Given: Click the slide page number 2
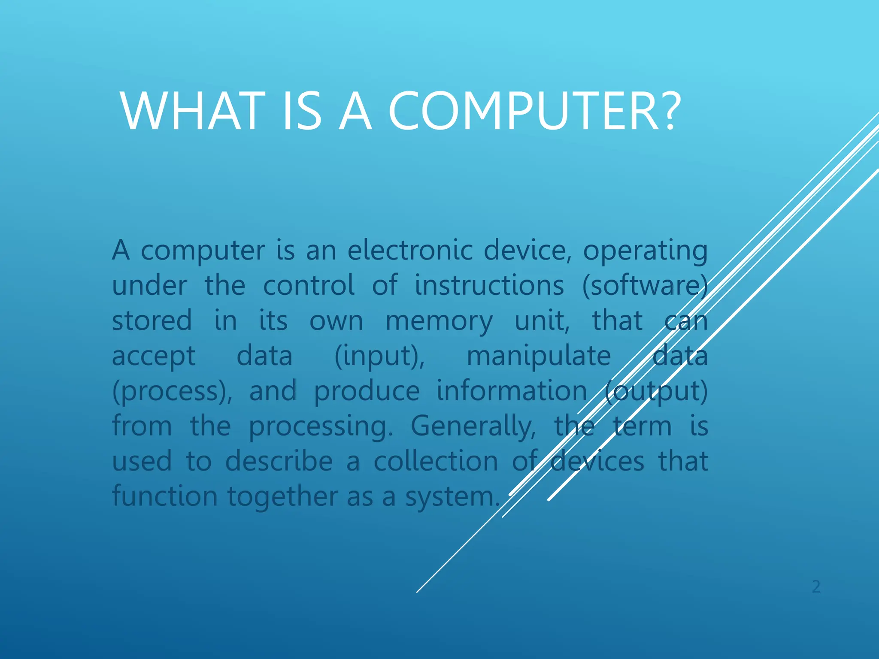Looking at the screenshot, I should [x=816, y=586].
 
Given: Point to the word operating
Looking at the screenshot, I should [x=645, y=251].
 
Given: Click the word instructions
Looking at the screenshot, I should [x=489, y=286].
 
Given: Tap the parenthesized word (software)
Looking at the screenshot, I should [x=645, y=286].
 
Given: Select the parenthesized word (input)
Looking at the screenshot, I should [x=379, y=357].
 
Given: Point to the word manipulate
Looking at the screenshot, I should [x=539, y=357].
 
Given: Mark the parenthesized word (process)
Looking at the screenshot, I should [x=172, y=392].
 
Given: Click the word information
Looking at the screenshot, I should [x=512, y=391].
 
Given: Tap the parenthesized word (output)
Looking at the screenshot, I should [x=656, y=392].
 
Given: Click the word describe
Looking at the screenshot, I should [x=279, y=461].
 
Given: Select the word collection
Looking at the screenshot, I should [x=436, y=461].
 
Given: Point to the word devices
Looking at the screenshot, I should [x=597, y=461].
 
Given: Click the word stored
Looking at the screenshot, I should [x=152, y=321].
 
